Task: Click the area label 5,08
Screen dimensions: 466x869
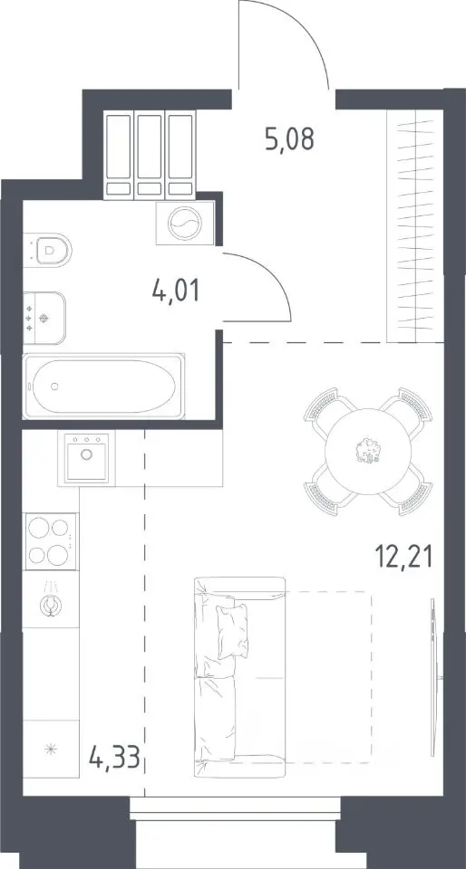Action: (289, 139)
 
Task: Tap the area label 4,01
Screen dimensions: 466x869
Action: (175, 290)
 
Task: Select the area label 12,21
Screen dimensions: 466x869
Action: (403, 557)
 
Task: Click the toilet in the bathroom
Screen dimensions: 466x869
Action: (49, 250)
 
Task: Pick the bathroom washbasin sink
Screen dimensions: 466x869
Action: (44, 319)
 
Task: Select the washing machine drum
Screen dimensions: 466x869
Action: (184, 224)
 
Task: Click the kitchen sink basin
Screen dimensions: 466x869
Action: (86, 458)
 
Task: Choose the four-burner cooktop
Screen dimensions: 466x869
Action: (50, 541)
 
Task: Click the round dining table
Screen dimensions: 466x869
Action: (368, 451)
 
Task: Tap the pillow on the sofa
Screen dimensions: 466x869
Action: (233, 631)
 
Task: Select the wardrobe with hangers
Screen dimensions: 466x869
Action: (415, 226)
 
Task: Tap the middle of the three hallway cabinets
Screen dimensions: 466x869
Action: (150, 155)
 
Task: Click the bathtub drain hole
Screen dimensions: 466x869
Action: (54, 387)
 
